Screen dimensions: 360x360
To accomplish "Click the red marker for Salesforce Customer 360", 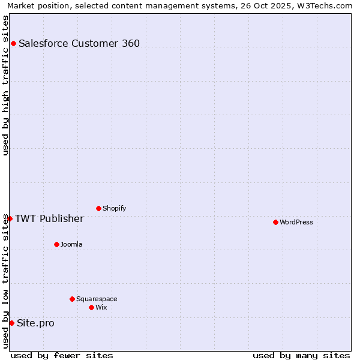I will pos(13,43).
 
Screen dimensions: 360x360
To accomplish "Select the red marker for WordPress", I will pos(275,222).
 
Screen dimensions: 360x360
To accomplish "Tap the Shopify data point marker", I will pos(98,208).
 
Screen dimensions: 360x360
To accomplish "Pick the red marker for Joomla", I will pos(56,244).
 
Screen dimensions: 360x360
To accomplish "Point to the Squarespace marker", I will pos(72,299).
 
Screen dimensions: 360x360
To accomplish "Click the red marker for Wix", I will pos(91,307).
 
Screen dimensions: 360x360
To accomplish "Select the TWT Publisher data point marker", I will pos(10,218).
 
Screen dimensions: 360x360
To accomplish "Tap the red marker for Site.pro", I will pos(11,323).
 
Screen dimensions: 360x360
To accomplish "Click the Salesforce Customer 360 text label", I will pos(79,43).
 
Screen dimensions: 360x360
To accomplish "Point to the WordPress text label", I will pos(296,222).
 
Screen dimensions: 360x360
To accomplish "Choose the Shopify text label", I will pos(115,208).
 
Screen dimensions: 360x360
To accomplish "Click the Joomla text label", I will pos(71,244).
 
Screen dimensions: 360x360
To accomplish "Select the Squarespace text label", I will pos(97,299).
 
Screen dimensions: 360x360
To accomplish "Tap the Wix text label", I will pos(101,307).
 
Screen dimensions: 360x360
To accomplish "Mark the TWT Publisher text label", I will pos(49,218).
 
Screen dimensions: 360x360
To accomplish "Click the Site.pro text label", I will pos(35,323).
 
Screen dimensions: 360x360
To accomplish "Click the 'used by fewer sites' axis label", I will pos(62,355).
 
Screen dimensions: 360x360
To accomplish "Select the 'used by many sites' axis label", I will pos(301,355).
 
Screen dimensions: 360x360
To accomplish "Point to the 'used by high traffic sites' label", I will pos(5,85).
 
